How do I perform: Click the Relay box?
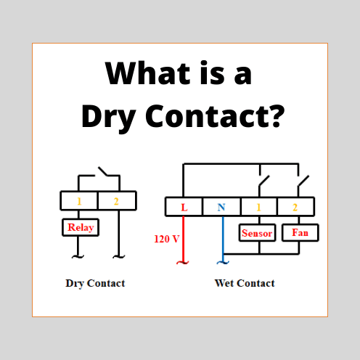81,227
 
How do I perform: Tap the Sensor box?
257,233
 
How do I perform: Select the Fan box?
300,233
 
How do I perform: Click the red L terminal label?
184,208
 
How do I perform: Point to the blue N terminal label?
221,208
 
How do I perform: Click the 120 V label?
167,239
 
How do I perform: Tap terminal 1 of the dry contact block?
79,201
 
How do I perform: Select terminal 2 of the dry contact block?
116,201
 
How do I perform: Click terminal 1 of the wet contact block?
258,208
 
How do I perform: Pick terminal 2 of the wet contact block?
295,208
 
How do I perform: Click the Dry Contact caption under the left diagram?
95,283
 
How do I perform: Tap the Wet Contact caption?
245,283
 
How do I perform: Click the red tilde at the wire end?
183,262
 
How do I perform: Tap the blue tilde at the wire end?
223,262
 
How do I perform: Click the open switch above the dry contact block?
103,171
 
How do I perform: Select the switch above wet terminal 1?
264,181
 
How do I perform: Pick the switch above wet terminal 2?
303,181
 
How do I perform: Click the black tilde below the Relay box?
78,256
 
